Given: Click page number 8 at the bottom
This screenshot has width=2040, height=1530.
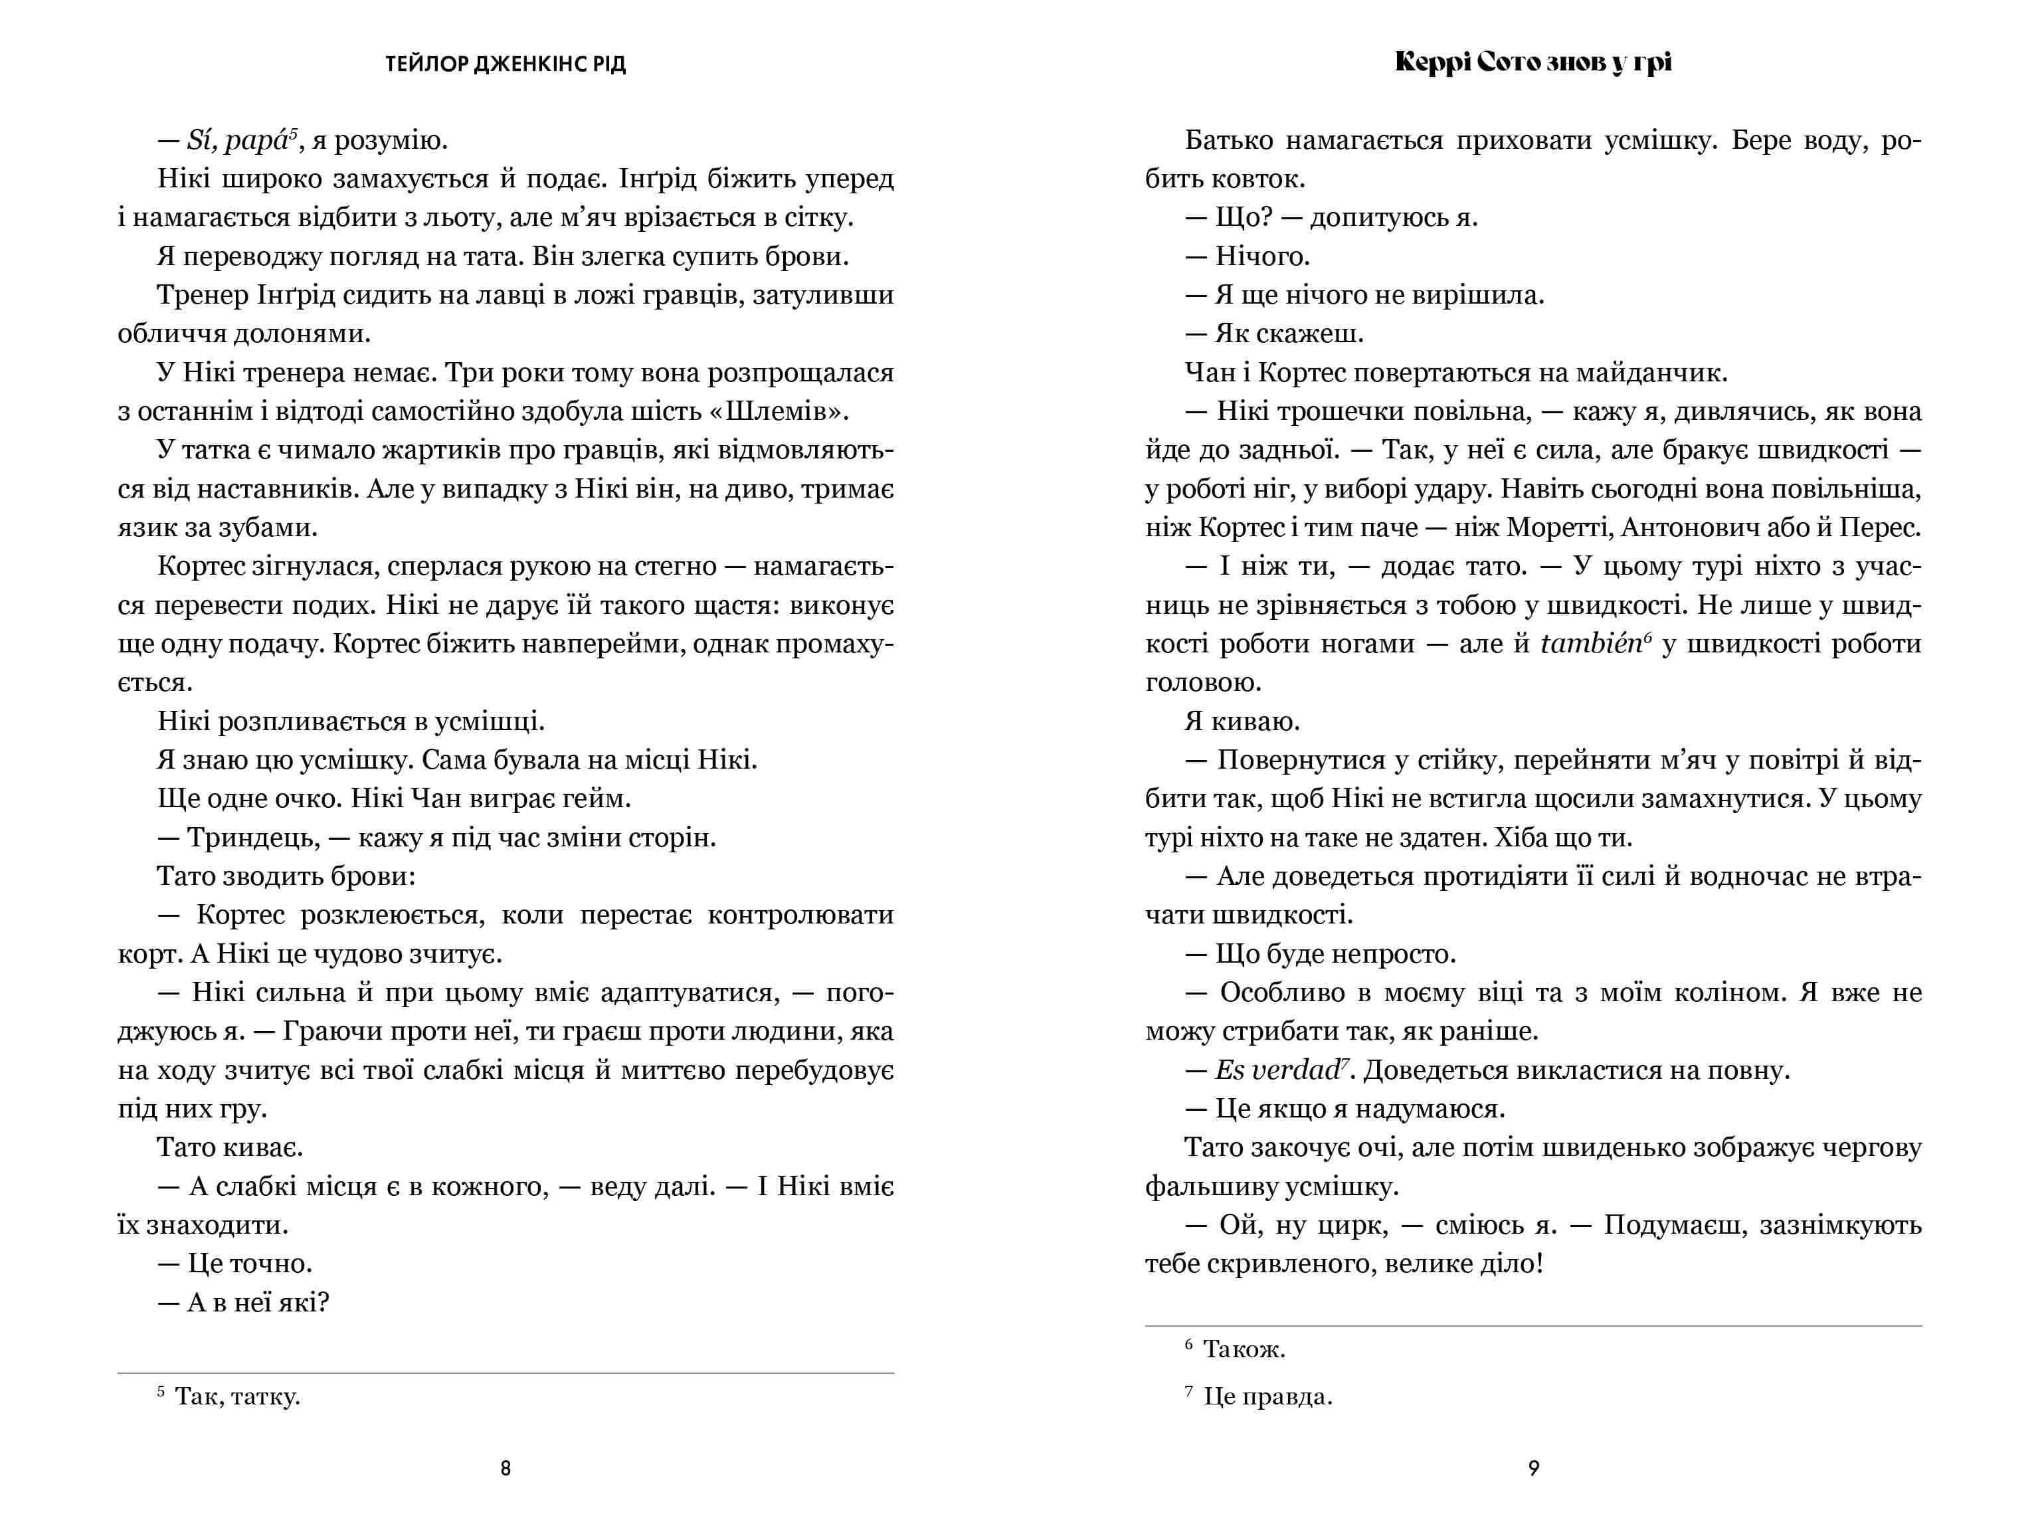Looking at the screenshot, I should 506,1468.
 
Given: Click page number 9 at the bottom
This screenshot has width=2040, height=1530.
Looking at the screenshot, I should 1534,1468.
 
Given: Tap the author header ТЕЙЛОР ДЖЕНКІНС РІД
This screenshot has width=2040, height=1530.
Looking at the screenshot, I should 506,64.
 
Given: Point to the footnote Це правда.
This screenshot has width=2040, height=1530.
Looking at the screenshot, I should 1267,1397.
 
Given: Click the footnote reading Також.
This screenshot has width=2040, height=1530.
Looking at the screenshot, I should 1243,1350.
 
